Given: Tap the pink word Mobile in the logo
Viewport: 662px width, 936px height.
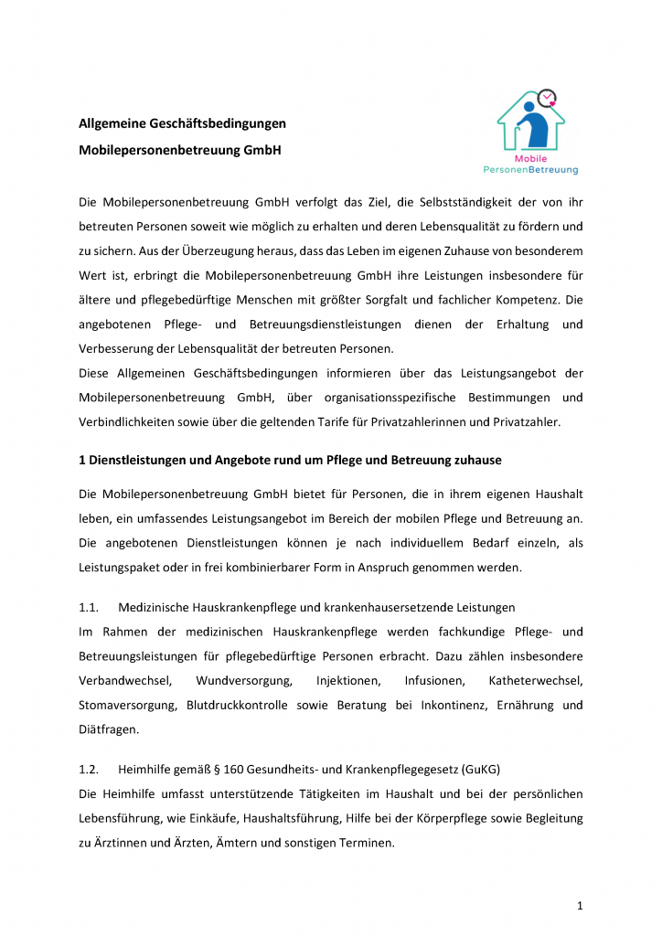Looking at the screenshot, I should pyautogui.click(x=530, y=158).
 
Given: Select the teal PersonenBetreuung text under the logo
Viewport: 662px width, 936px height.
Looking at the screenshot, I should pyautogui.click(x=530, y=170).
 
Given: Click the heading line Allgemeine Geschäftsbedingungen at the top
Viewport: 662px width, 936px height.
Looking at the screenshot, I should pyautogui.click(x=182, y=123).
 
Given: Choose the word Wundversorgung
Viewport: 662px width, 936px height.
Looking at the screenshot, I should pyautogui.click(x=243, y=681).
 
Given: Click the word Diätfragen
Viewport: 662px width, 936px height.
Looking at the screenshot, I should pyautogui.click(x=107, y=729).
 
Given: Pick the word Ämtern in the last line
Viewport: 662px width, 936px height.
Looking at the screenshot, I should pyautogui.click(x=245, y=842).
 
